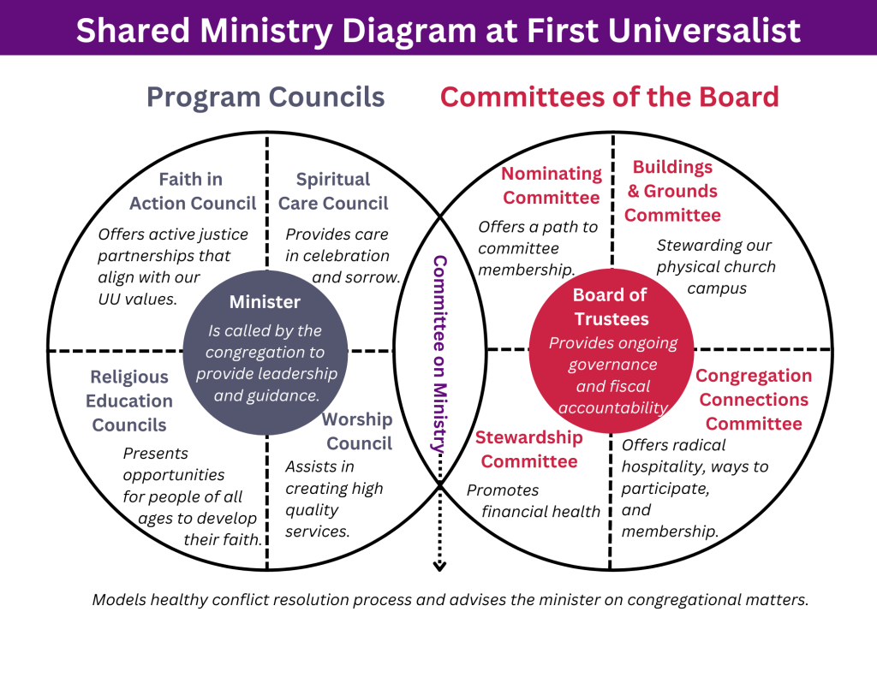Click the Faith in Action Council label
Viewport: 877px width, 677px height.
pos(193,191)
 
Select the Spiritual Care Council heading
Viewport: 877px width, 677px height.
pos(333,191)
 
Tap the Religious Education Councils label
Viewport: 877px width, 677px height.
pos(129,401)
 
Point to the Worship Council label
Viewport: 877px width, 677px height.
pos(358,431)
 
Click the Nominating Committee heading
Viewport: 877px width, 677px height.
pos(552,186)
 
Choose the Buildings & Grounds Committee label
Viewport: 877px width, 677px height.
pos(672,191)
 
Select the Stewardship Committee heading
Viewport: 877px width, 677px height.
pos(529,449)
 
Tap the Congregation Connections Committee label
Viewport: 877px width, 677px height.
pos(754,400)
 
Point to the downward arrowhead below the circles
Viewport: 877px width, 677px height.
pos(439,565)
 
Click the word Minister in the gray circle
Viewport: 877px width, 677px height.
pos(265,301)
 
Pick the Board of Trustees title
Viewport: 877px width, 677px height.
pos(611,306)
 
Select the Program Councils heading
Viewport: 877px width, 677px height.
pos(265,97)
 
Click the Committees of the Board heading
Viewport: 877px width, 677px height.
pos(609,97)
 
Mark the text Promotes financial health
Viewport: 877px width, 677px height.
pos(533,501)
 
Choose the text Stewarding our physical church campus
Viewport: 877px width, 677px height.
pos(716,266)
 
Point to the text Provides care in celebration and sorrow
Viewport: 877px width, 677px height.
pos(343,255)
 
